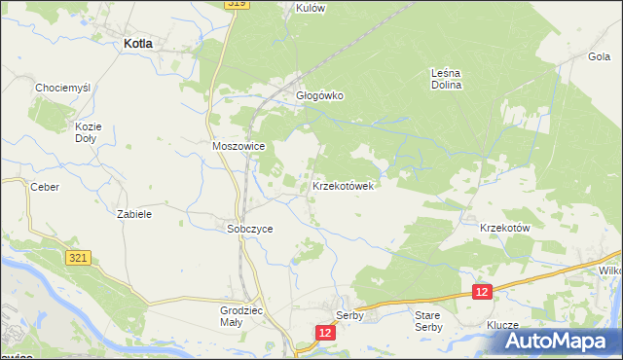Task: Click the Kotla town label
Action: [142, 43]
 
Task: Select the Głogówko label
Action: [320, 95]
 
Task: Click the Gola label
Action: [599, 56]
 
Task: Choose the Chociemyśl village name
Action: [62, 88]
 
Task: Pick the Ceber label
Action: [45, 187]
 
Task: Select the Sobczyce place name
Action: [249, 229]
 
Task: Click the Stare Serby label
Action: [428, 321]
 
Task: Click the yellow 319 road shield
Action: [237, 4]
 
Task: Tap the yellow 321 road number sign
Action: [80, 257]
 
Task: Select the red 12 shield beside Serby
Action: [325, 332]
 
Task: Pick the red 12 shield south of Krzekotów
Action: [482, 291]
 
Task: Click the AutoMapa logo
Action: [562, 342]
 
